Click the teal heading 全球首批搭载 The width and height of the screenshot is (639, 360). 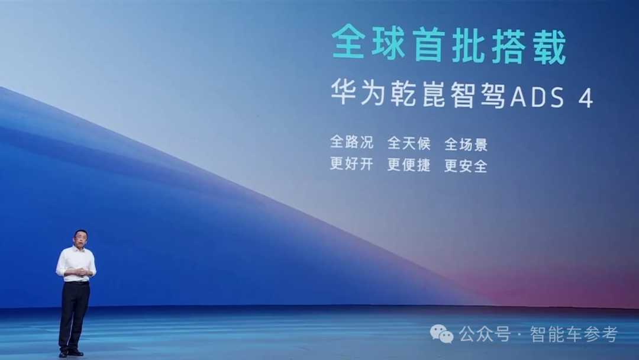tap(449, 44)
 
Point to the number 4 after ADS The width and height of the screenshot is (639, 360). tap(586, 98)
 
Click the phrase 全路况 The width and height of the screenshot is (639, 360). tap(351, 142)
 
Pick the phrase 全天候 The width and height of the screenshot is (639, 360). tap(409, 143)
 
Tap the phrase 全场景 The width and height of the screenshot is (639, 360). tap(466, 144)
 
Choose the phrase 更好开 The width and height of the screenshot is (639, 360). tap(351, 163)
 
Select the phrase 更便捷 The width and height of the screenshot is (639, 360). tap(409, 165)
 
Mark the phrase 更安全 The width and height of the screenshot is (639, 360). tap(466, 166)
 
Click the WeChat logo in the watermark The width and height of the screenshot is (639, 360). tap(442, 334)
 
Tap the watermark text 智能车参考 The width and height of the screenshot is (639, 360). tap(574, 335)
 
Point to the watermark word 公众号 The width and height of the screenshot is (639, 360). tap(485, 335)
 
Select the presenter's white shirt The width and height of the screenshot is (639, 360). tap(76, 263)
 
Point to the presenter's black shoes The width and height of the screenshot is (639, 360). tap(70, 353)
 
